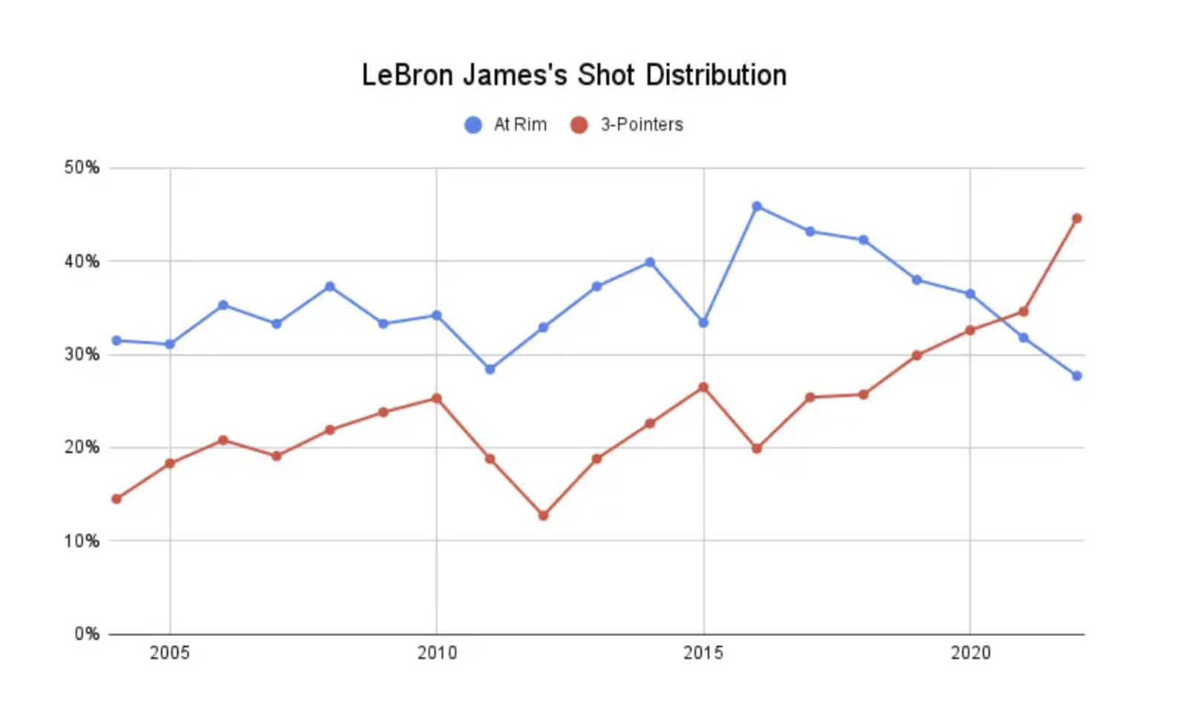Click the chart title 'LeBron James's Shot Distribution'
click(573, 75)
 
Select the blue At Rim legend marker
click(473, 125)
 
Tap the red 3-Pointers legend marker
click(579, 125)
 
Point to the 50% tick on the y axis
click(82, 168)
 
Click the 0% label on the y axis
click(86, 634)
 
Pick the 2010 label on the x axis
click(437, 653)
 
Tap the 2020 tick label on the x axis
click(970, 653)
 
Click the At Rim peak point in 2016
click(757, 206)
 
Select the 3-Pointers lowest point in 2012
click(543, 515)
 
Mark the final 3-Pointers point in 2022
click(1076, 218)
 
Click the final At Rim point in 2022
click(1076, 375)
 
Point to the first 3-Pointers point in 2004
click(116, 499)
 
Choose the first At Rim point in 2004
click(116, 341)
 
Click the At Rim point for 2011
click(490, 369)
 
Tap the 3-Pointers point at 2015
click(703, 387)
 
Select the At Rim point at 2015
click(703, 322)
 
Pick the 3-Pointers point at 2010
click(437, 398)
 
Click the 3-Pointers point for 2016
click(757, 448)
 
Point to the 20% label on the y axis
click(82, 447)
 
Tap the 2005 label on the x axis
click(170, 653)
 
